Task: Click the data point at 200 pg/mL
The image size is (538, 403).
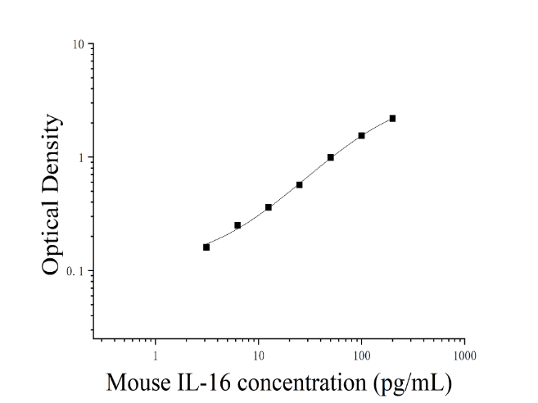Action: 392,119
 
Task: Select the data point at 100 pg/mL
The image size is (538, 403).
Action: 361,136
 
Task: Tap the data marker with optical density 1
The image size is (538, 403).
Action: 331,157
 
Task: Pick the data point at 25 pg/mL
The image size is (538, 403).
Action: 299,184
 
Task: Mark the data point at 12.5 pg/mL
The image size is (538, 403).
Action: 269,207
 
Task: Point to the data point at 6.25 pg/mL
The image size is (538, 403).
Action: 237,225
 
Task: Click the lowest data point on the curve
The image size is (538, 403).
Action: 206,247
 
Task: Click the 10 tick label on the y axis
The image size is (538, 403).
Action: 79,44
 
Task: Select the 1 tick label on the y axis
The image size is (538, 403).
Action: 81,158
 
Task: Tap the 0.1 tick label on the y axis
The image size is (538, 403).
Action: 75,271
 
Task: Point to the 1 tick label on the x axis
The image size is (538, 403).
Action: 156,356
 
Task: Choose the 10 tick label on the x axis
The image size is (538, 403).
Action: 259,356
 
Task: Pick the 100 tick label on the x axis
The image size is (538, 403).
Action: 362,356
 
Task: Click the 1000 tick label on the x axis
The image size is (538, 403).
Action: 464,356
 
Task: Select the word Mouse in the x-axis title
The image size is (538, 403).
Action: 138,383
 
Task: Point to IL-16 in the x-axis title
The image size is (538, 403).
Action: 203,383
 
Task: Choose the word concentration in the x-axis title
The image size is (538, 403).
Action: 302,383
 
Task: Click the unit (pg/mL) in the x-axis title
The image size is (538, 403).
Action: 413,383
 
